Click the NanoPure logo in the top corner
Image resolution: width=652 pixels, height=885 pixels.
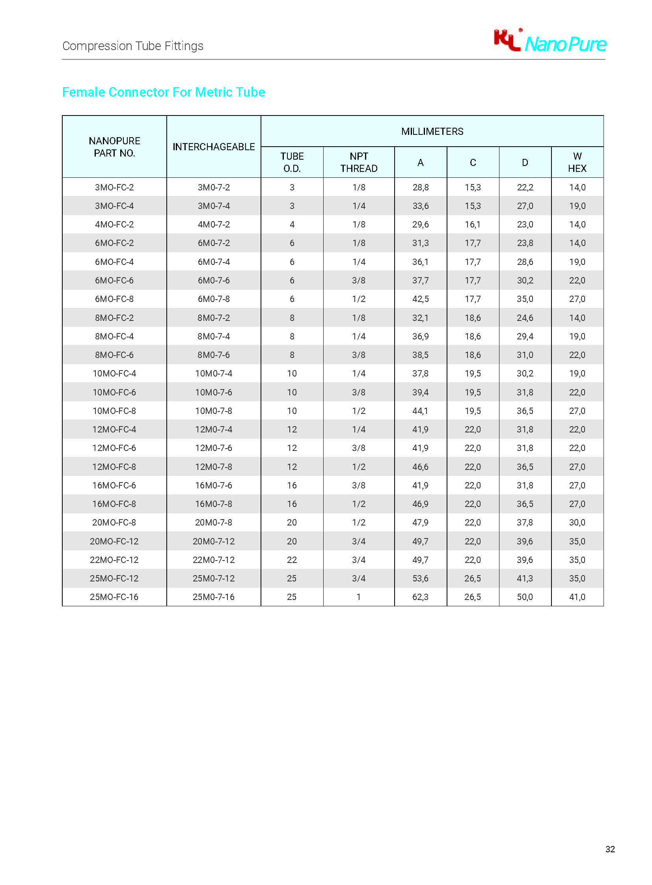[x=550, y=41]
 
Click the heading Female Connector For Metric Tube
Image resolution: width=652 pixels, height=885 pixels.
[x=164, y=92]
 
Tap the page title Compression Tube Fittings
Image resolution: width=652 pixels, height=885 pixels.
[x=132, y=46]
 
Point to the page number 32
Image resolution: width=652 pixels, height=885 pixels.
[x=610, y=849]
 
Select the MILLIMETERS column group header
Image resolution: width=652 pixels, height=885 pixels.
[x=432, y=131]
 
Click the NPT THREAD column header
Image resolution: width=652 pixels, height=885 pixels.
[x=359, y=162]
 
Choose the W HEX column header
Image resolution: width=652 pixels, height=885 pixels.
[x=577, y=162]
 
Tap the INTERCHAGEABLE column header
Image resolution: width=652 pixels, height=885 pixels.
[x=214, y=147]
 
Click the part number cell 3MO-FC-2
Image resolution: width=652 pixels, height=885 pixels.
[x=114, y=187]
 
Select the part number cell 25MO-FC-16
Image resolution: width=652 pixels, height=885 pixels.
[x=114, y=597]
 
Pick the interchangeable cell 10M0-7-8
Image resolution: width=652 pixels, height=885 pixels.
[x=214, y=411]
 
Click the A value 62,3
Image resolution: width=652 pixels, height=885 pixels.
[x=420, y=597]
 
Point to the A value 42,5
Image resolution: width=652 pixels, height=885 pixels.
[x=420, y=299]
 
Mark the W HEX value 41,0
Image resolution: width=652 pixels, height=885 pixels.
[x=577, y=597]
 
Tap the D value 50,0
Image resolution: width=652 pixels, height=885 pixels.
[x=525, y=597]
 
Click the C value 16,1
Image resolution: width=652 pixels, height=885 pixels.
[x=472, y=224]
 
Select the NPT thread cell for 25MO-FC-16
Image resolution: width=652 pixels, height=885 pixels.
[x=359, y=597]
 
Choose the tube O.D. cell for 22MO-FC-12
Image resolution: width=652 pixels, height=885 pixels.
[x=292, y=560]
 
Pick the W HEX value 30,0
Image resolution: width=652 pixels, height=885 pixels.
[x=577, y=522]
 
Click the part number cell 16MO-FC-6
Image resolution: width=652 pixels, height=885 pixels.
[x=114, y=485]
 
